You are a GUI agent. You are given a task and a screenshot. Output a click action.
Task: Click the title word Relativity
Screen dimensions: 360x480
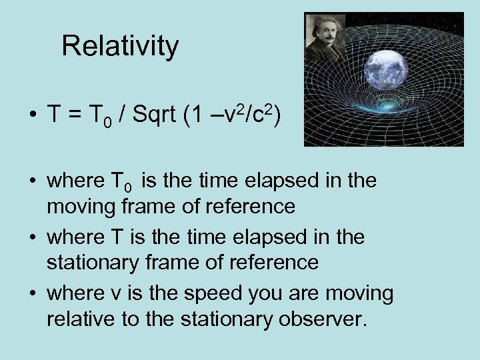pos(120,47)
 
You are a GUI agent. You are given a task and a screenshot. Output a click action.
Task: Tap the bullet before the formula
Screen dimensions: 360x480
pos(33,116)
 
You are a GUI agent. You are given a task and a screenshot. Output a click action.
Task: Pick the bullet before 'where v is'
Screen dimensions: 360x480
pos(33,294)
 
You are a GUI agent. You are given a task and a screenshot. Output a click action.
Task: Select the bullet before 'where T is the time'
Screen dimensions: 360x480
pos(33,238)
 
